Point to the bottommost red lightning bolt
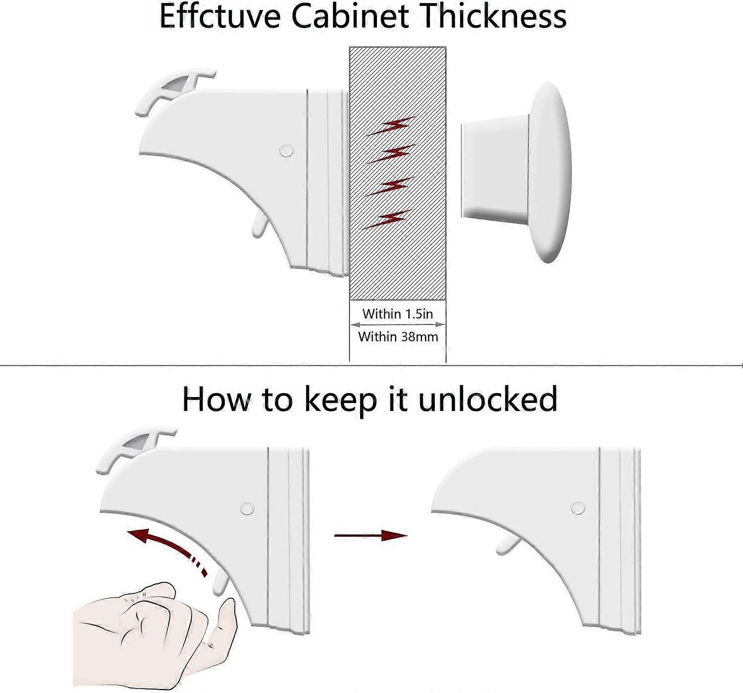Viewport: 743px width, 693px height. click(x=387, y=219)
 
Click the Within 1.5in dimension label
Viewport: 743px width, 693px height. click(x=398, y=314)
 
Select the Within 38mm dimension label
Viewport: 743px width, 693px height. click(x=398, y=337)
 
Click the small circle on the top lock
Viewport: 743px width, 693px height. click(x=286, y=151)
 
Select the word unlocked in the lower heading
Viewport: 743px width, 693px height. click(x=487, y=400)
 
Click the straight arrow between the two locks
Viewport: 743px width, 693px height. click(x=371, y=535)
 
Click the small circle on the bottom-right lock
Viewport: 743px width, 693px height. click(x=578, y=508)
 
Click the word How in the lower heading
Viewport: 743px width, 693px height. click(x=216, y=400)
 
